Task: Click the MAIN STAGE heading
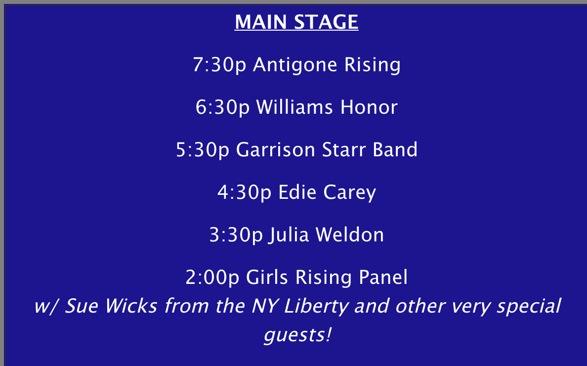point(296,22)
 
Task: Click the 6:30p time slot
point(222,107)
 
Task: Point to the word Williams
point(294,107)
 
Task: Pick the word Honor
point(369,107)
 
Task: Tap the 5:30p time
point(203,150)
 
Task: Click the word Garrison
point(276,149)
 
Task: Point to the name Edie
point(297,192)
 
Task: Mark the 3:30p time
point(236,235)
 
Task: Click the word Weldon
point(350,234)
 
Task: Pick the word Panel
point(383,277)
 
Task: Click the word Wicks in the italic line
point(130,306)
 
